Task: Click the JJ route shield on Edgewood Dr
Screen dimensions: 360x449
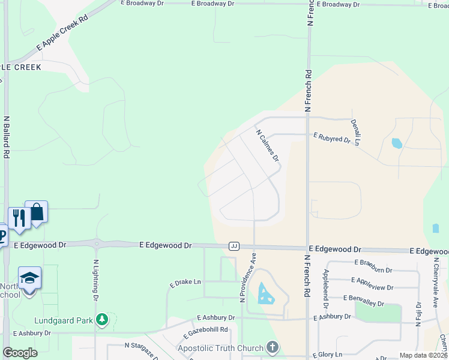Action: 234,246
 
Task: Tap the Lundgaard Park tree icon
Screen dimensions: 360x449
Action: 103,320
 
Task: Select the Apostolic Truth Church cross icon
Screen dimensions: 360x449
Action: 273,347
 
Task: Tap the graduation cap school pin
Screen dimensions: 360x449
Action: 29,277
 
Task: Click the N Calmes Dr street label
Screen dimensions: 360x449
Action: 268,146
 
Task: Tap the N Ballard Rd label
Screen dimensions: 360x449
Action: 7,137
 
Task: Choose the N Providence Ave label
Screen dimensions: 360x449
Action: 244,277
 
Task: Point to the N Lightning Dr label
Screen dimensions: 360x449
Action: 95,280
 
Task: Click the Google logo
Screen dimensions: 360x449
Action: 20,353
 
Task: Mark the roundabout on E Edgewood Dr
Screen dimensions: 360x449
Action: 96,244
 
